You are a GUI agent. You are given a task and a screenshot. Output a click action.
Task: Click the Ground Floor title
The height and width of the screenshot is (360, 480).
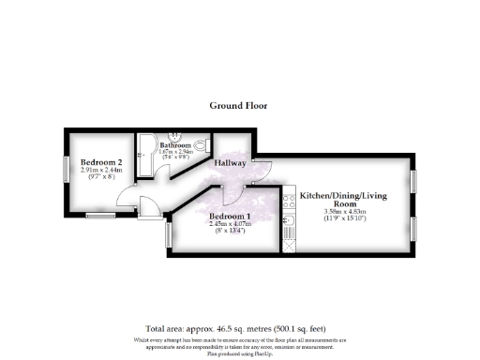(x=238, y=106)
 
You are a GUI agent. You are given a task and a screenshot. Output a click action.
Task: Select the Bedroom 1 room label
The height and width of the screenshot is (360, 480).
(x=230, y=216)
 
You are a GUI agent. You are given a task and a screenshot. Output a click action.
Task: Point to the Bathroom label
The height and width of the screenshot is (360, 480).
(x=175, y=146)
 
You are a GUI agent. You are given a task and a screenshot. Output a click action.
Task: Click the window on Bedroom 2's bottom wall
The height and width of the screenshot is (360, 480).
(x=98, y=216)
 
